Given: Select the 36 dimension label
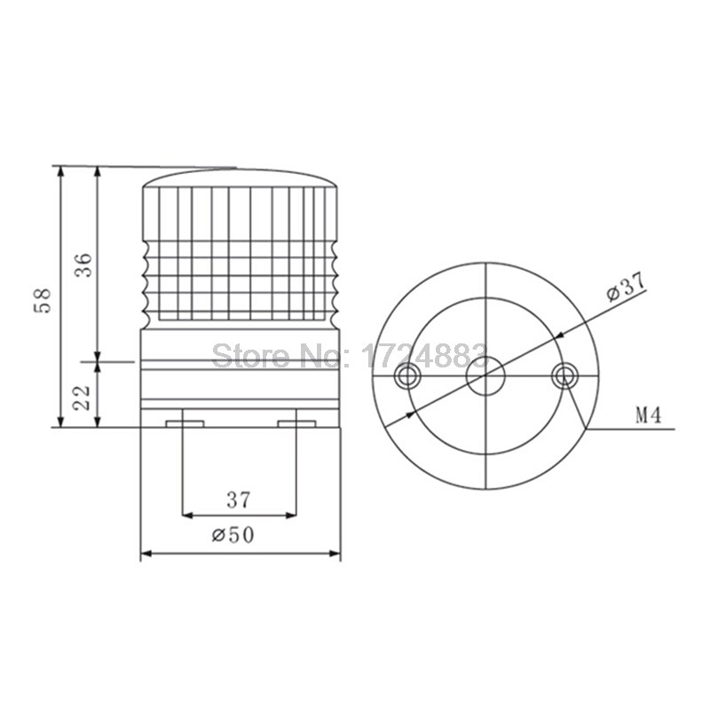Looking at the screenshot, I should tap(82, 264).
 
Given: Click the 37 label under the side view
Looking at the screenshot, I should tap(238, 500).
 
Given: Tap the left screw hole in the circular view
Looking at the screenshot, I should tap(408, 376).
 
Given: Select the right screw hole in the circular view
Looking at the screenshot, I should tap(562, 376).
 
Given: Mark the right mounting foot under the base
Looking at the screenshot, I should tap(297, 422).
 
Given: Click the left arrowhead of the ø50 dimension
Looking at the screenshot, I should tap(146, 555).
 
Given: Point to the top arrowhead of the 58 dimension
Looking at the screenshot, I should tap(60, 171).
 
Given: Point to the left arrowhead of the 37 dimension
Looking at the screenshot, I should tap(187, 514).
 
